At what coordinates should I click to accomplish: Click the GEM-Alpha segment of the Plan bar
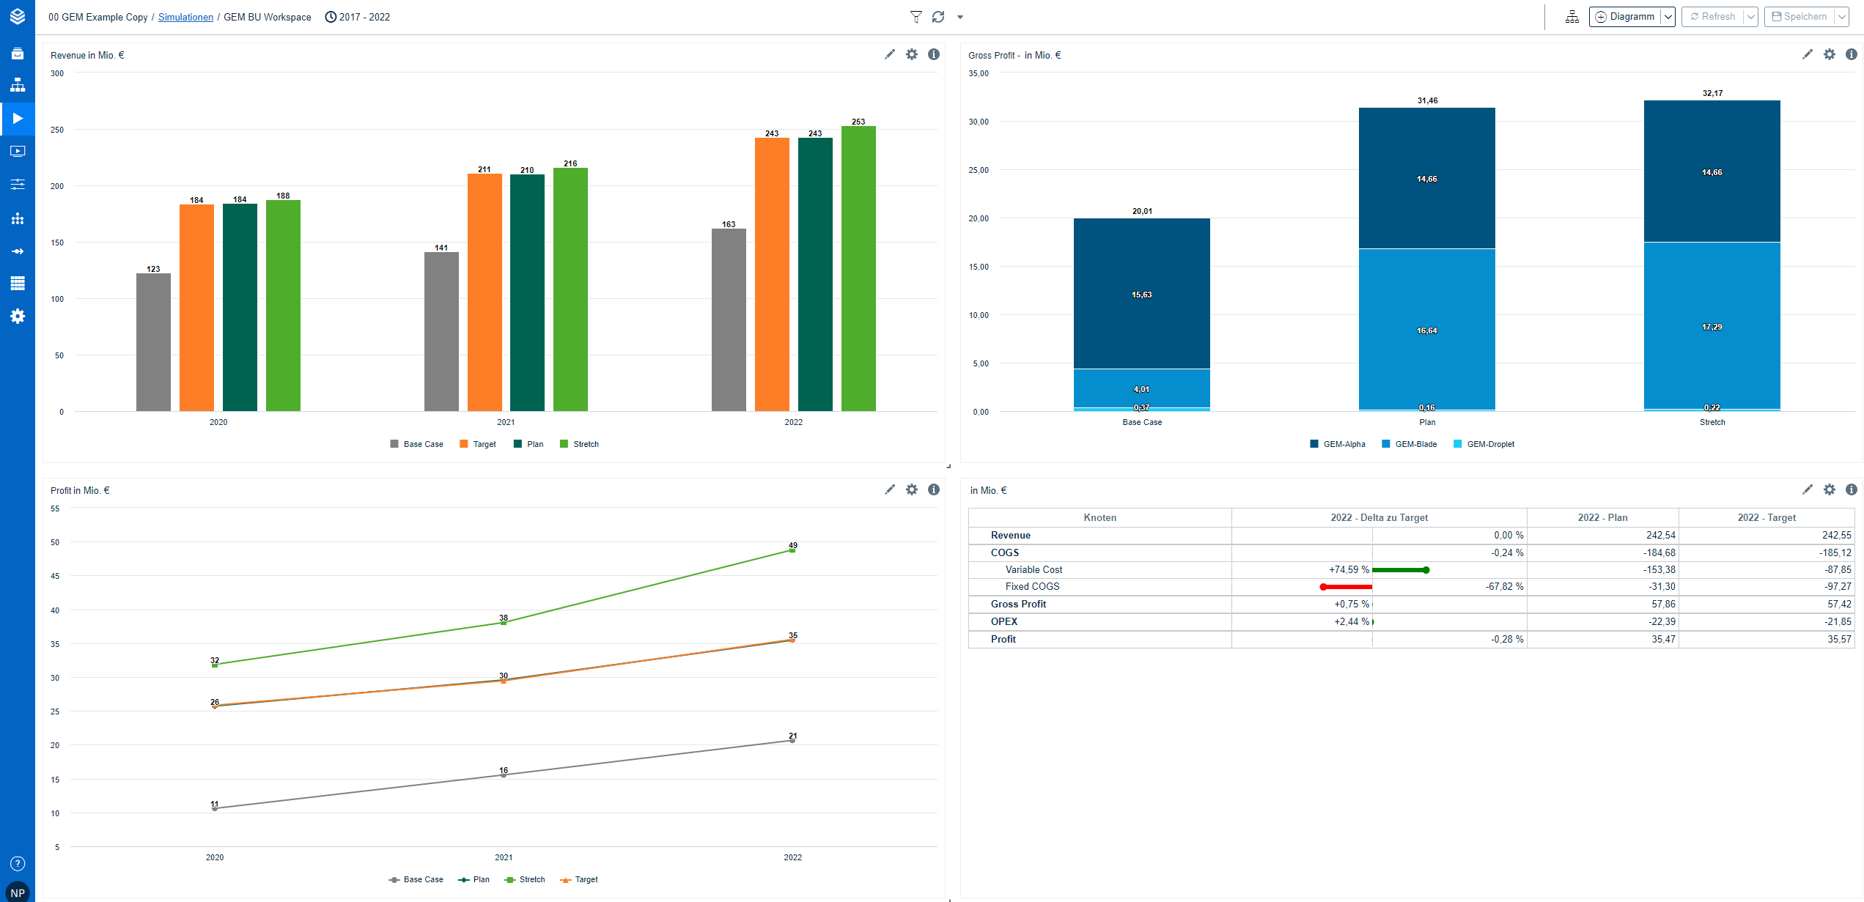[1426, 178]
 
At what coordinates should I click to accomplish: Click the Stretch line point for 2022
[792, 550]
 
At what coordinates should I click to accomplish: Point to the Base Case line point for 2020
[215, 808]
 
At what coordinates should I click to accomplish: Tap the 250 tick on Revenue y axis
[57, 130]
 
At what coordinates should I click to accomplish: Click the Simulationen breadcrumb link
[185, 17]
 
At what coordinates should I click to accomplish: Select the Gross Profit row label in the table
[1018, 604]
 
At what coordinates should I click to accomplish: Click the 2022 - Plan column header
[1602, 517]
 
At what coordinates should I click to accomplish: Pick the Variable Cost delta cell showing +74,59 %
[1349, 569]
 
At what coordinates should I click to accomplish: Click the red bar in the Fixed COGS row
[1347, 587]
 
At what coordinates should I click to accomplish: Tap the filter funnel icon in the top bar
[916, 17]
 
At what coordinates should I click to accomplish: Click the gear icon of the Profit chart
[911, 489]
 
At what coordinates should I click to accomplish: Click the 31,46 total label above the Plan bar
[1427, 100]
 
